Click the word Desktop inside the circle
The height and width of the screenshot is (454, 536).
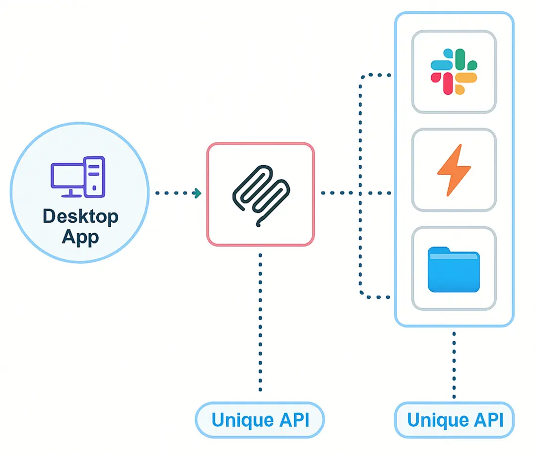click(x=80, y=217)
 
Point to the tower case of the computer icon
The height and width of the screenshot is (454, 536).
click(x=95, y=176)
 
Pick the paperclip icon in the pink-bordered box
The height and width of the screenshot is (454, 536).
click(x=260, y=194)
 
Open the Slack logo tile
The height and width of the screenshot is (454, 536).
click(x=454, y=71)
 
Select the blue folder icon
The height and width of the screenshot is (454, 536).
click(x=454, y=270)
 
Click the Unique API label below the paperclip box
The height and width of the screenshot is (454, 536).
click(x=260, y=420)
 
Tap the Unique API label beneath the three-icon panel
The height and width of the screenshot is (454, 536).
click(x=455, y=420)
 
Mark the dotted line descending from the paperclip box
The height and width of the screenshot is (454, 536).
click(x=260, y=323)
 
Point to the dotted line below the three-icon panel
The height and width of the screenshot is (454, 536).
click(x=454, y=365)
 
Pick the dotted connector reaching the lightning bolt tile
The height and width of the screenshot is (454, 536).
click(x=377, y=193)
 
